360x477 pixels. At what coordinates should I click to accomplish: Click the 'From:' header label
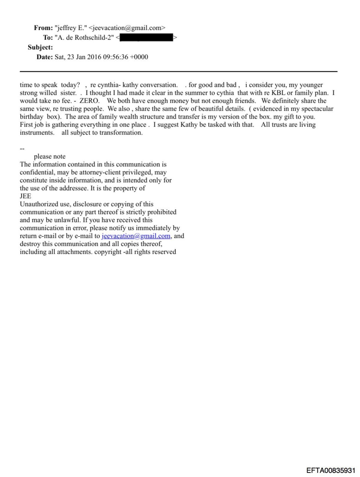(x=43, y=28)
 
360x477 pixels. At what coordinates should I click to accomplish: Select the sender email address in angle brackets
(x=127, y=28)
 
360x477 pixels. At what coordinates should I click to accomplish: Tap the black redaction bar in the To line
(x=146, y=38)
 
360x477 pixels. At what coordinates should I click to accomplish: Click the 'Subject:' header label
(x=40, y=47)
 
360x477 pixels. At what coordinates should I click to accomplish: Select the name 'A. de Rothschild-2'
(x=84, y=38)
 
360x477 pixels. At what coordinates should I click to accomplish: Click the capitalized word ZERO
(x=89, y=101)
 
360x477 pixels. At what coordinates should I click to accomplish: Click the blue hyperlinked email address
(x=136, y=236)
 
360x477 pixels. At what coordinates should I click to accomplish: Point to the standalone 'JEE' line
(x=25, y=196)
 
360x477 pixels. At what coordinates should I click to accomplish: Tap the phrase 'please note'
(x=50, y=156)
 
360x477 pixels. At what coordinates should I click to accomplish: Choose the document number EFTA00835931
(x=331, y=470)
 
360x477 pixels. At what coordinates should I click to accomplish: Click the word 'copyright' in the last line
(x=108, y=252)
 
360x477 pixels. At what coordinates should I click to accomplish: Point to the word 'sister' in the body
(x=68, y=93)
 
